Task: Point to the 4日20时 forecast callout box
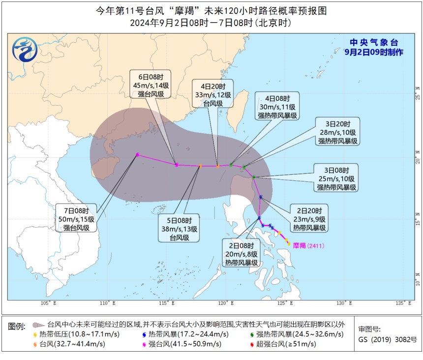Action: (212, 93)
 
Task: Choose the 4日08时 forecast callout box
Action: (277, 106)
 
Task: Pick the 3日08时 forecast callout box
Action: (337, 178)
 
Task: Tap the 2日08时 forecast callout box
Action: (242, 254)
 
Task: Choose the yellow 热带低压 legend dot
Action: (35, 334)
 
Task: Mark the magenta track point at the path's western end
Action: (138, 154)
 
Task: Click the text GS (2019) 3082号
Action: (388, 339)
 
